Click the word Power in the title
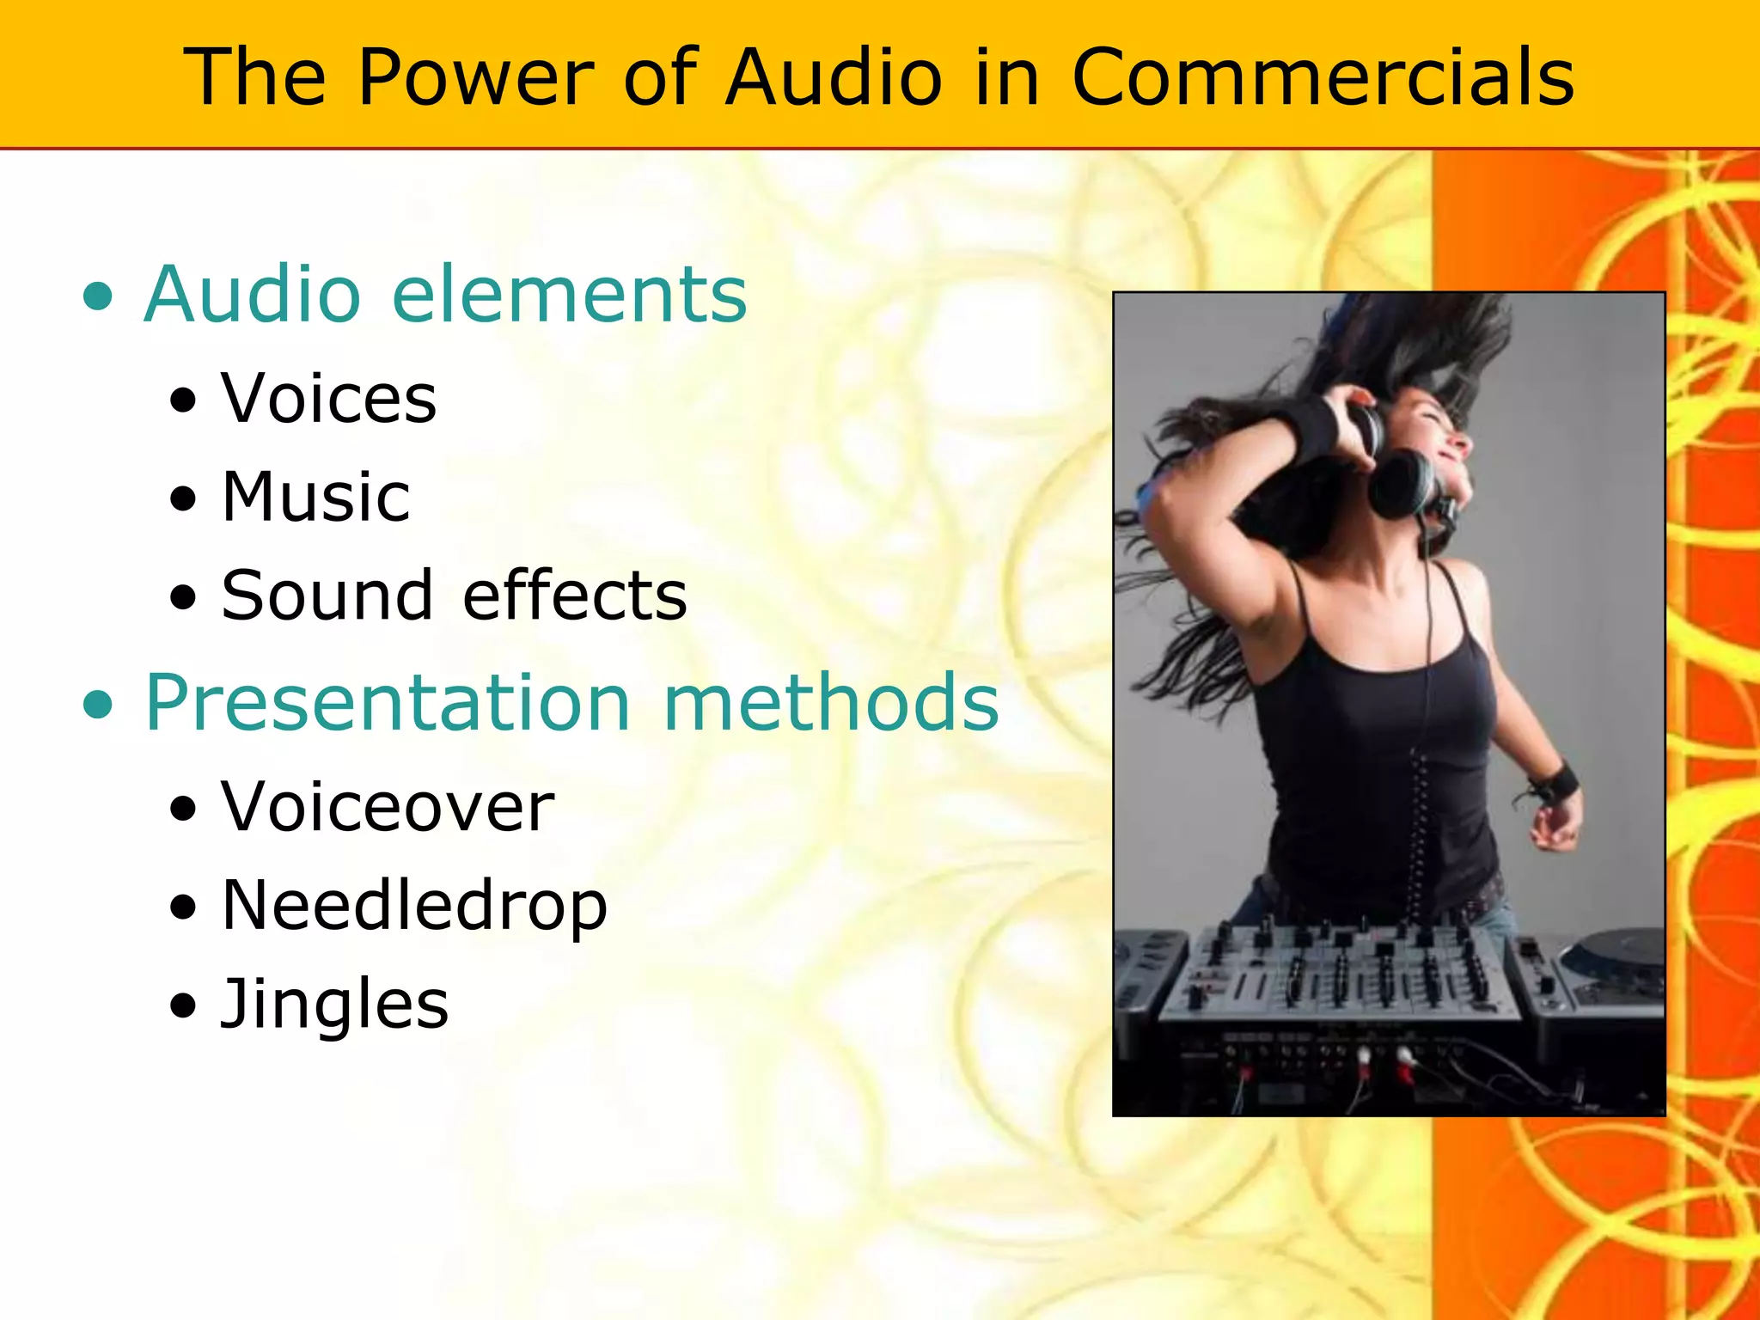pyautogui.click(x=475, y=77)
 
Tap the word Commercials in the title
pyautogui.click(x=1323, y=77)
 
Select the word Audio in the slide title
pyautogui.click(x=834, y=77)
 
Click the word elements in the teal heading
pyautogui.click(x=569, y=295)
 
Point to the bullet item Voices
pyautogui.click(x=328, y=400)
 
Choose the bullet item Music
pyautogui.click(x=315, y=498)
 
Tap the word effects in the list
pyautogui.click(x=575, y=596)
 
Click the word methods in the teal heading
pyautogui.click(x=831, y=703)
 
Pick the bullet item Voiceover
pyautogui.click(x=388, y=808)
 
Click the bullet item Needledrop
pyautogui.click(x=413, y=907)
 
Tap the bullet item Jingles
pyautogui.click(x=334, y=1005)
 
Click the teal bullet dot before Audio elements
pyautogui.click(x=99, y=297)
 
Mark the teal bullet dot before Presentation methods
pyautogui.click(x=99, y=706)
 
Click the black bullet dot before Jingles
pyautogui.click(x=183, y=1005)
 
